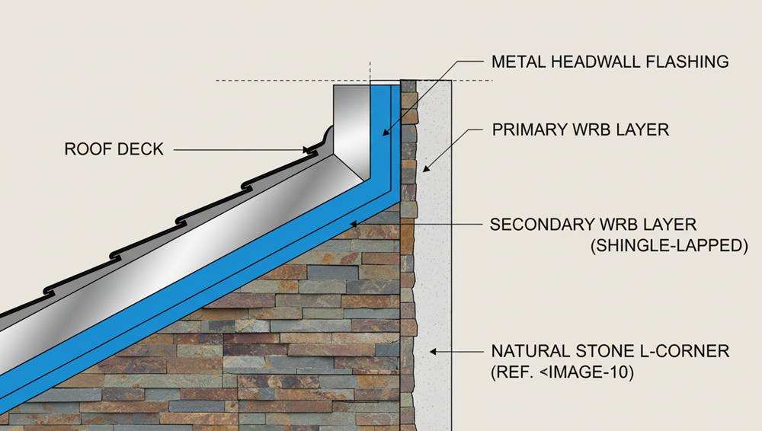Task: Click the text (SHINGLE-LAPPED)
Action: pos(669,245)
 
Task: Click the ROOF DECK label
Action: pos(114,149)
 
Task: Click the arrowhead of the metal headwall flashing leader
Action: pos(386,132)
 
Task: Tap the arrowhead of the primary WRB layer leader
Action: pos(426,168)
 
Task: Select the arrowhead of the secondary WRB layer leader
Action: pos(354,224)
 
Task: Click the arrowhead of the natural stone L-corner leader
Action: pos(433,351)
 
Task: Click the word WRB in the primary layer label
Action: pos(590,129)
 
